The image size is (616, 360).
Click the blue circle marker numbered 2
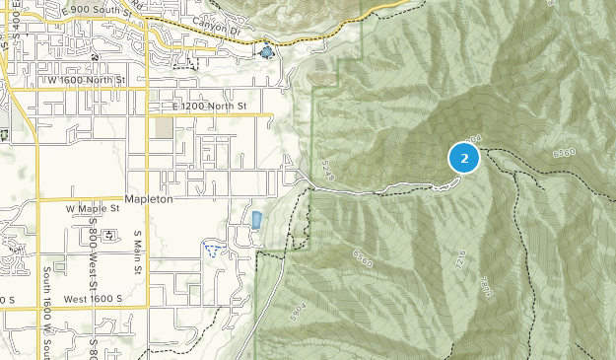(x=463, y=158)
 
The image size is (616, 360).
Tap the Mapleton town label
(x=150, y=198)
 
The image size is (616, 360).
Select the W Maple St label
(x=92, y=209)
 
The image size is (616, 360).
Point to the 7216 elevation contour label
(x=460, y=260)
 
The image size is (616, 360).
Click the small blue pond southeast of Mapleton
(x=256, y=220)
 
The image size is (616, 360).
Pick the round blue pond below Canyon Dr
(x=265, y=51)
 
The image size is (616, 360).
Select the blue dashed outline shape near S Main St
(x=211, y=247)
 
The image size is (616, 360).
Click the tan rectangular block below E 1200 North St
(x=164, y=128)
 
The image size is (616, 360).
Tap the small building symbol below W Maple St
(x=108, y=235)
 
